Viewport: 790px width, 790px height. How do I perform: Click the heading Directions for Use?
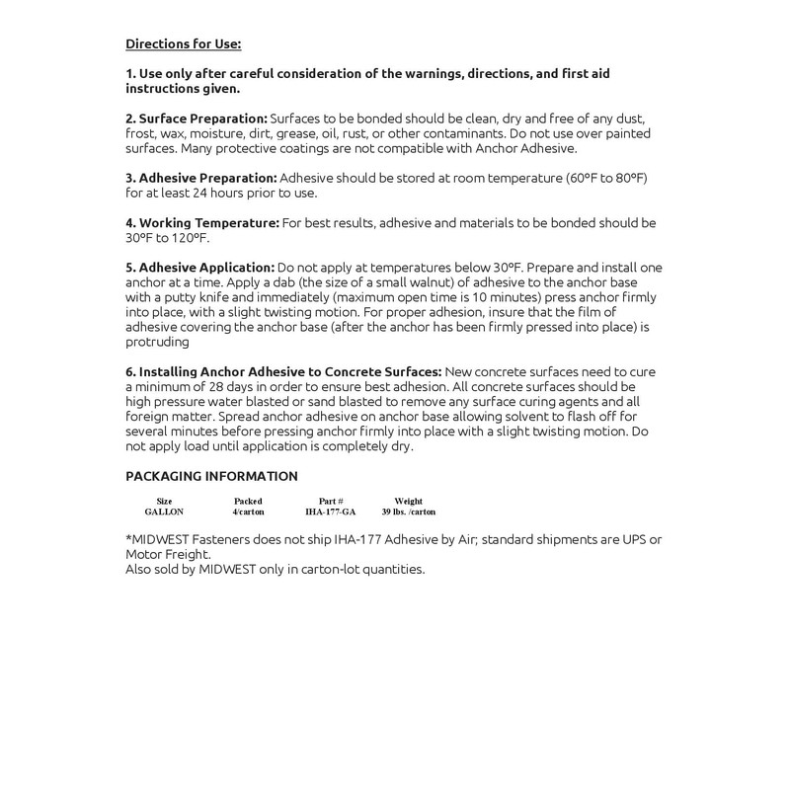pyautogui.click(x=184, y=44)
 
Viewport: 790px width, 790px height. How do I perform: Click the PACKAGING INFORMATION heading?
pyautogui.click(x=211, y=476)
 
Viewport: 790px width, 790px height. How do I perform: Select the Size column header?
pyautogui.click(x=164, y=502)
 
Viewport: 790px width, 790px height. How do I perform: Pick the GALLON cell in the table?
pyautogui.click(x=164, y=513)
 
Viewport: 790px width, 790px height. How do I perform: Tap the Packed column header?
pyautogui.click(x=248, y=502)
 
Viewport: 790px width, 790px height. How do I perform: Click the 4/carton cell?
pyautogui.click(x=248, y=513)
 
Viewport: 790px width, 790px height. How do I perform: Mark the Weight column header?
pyautogui.click(x=408, y=502)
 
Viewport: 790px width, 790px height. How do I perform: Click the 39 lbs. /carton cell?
pyautogui.click(x=408, y=513)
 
